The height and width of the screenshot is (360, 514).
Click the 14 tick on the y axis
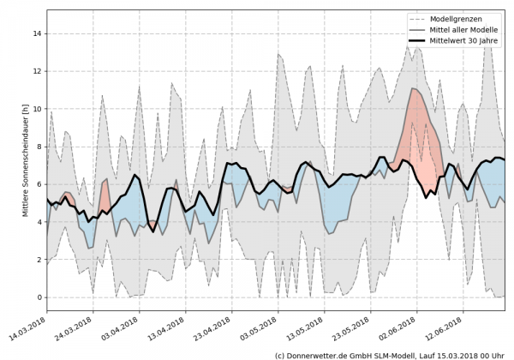37,33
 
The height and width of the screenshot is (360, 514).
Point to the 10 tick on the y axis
37,109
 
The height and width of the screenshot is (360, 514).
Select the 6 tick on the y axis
39,184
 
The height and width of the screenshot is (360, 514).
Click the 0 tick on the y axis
39,297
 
